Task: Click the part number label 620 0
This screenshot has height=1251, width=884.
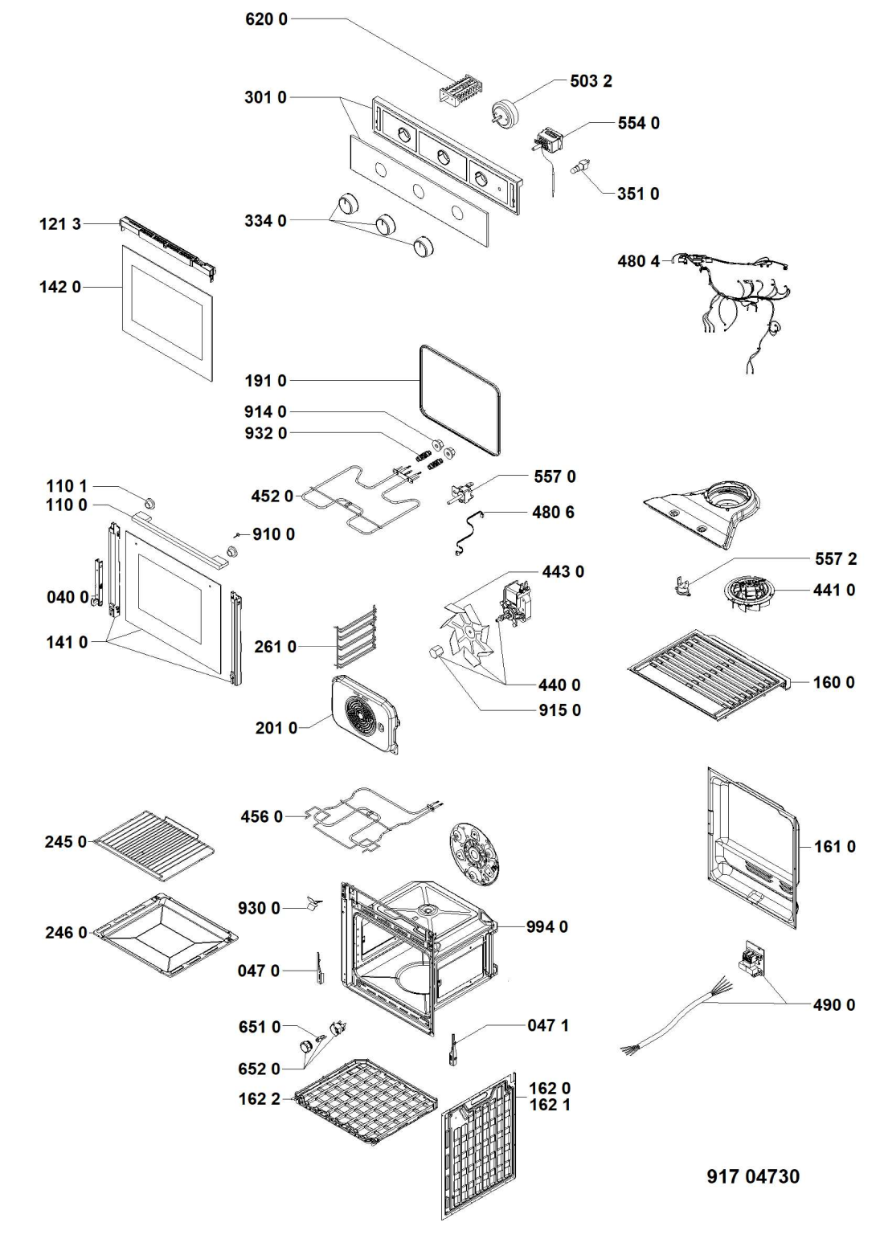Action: pyautogui.click(x=266, y=18)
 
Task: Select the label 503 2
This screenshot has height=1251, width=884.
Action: pyautogui.click(x=591, y=81)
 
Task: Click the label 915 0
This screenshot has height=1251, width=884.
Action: pyautogui.click(x=559, y=710)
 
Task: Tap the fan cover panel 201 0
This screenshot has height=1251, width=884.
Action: pyautogui.click(x=366, y=711)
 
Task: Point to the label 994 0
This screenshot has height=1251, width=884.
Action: pyautogui.click(x=546, y=926)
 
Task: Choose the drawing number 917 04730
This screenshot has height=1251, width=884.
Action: pyautogui.click(x=753, y=1176)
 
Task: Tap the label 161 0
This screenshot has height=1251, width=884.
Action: pyautogui.click(x=834, y=846)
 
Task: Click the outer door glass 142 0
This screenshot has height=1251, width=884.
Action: pyautogui.click(x=169, y=309)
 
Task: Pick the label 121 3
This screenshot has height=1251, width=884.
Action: pyautogui.click(x=60, y=224)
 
